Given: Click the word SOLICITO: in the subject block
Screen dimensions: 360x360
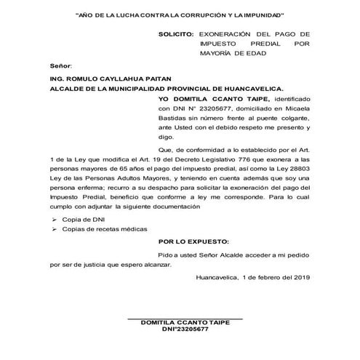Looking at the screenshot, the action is tap(176, 33).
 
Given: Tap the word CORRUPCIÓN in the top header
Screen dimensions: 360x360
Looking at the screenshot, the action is tap(192, 15).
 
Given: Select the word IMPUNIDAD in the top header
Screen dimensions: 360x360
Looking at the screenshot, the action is tap(259, 15).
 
